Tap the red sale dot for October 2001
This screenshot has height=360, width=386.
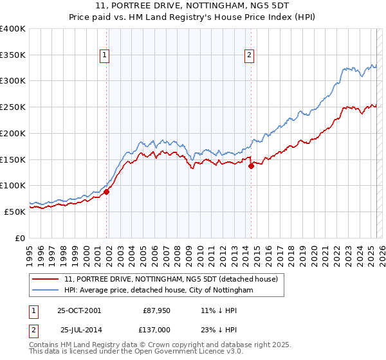(x=107, y=192)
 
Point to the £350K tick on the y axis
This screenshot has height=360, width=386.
(x=14, y=55)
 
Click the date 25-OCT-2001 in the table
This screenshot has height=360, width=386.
(x=79, y=310)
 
